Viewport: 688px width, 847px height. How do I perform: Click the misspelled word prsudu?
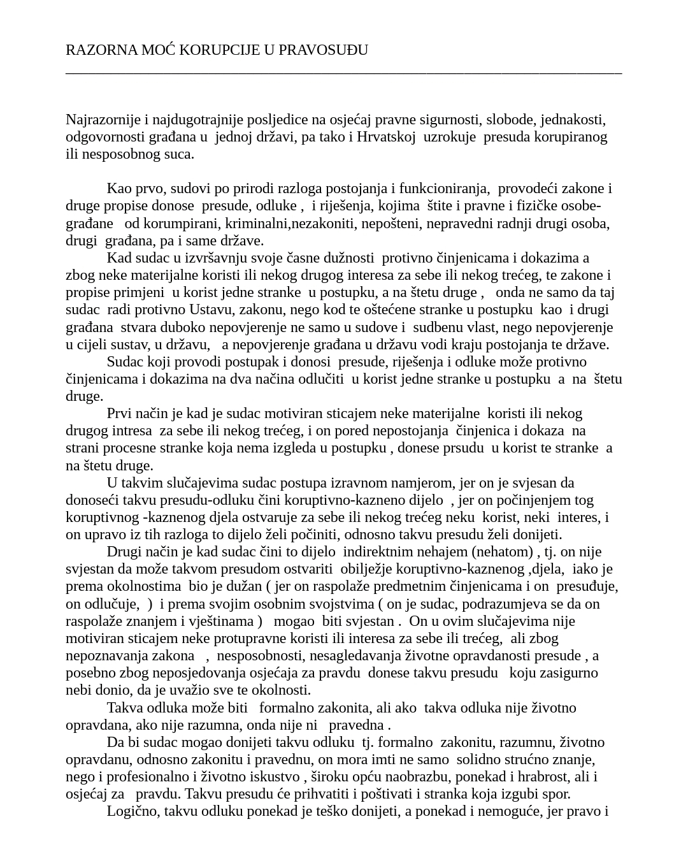[x=463, y=448]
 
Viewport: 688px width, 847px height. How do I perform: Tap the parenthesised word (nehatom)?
[x=502, y=552]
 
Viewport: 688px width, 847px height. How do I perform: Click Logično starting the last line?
[x=133, y=811]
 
